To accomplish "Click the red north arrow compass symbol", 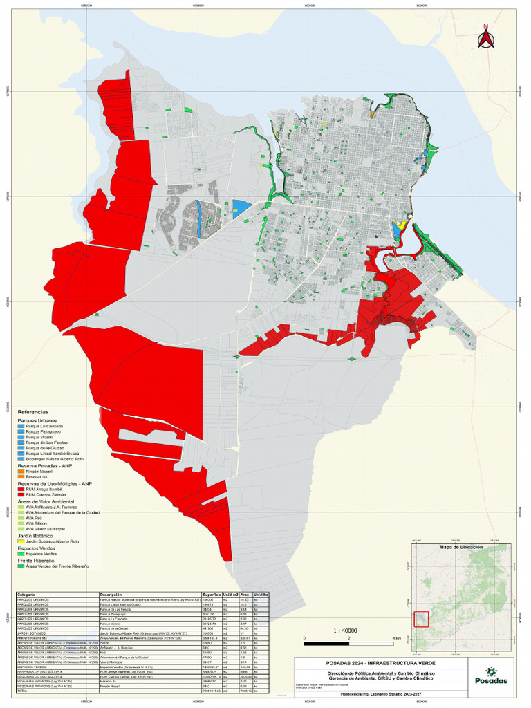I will [x=485, y=37].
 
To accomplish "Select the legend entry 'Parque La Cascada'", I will [x=45, y=427].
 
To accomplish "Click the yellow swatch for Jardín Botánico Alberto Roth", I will [x=21, y=541].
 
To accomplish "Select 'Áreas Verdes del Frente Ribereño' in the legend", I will [x=57, y=566].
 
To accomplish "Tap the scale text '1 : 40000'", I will [x=346, y=631].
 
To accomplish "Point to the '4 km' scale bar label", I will [x=396, y=637].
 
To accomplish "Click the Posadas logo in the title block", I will [x=495, y=676].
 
